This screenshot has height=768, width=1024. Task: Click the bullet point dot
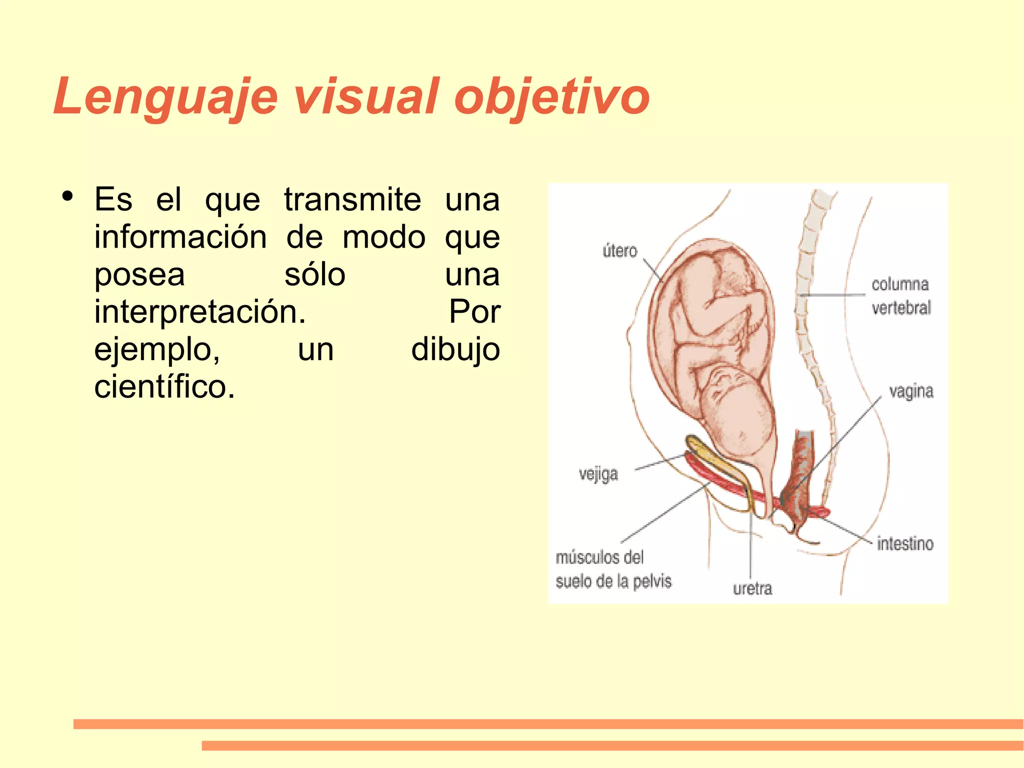tap(67, 196)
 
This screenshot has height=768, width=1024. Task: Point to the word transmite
tap(352, 200)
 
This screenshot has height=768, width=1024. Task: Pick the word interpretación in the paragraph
tap(200, 313)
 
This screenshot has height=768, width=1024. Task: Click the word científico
tap(164, 387)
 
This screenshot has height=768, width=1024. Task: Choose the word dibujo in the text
tap(455, 350)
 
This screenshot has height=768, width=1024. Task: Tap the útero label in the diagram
tap(620, 250)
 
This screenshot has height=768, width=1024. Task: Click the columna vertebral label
tap(900, 296)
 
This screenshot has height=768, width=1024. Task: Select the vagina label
tap(911, 391)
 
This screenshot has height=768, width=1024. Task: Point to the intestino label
tap(905, 543)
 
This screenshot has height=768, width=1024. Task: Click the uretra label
tap(752, 588)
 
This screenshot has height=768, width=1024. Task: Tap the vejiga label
tap(598, 474)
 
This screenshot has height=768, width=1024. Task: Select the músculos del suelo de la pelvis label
tap(613, 569)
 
